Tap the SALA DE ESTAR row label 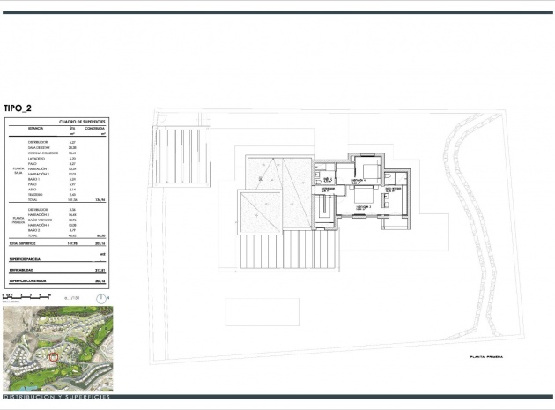pyautogui.click(x=41, y=146)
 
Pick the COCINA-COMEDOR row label pyautogui.click(x=42, y=152)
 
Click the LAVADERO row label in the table pyautogui.click(x=37, y=158)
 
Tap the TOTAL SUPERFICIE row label pyautogui.click(x=26, y=242)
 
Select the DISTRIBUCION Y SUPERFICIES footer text pyautogui.click(x=56, y=398)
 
